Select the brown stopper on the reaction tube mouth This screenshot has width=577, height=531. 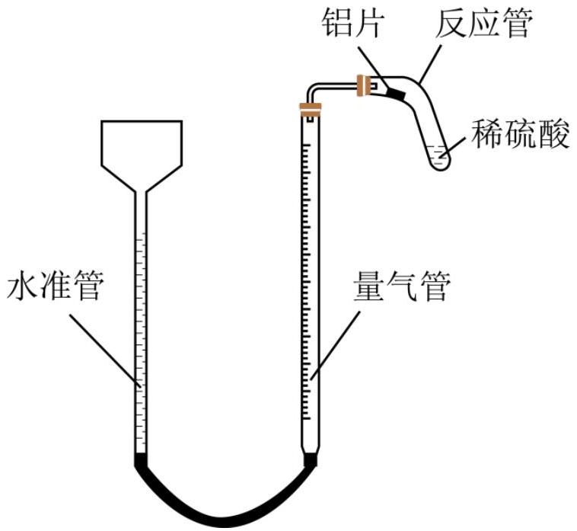click(368, 85)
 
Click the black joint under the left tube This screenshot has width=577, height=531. click(140, 460)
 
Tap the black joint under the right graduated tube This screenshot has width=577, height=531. click(311, 460)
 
